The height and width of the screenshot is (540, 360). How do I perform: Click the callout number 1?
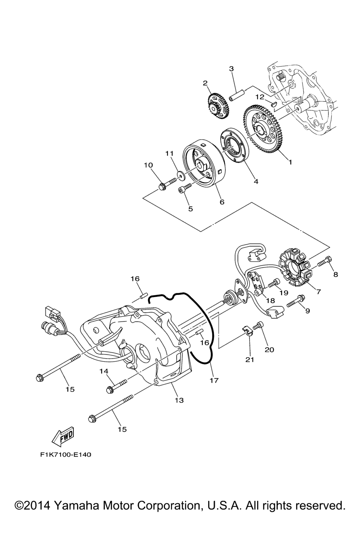click(290, 162)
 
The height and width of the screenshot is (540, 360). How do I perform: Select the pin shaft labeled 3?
click(237, 95)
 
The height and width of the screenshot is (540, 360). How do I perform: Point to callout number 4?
click(256, 181)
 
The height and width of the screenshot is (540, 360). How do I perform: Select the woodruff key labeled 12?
click(273, 104)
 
